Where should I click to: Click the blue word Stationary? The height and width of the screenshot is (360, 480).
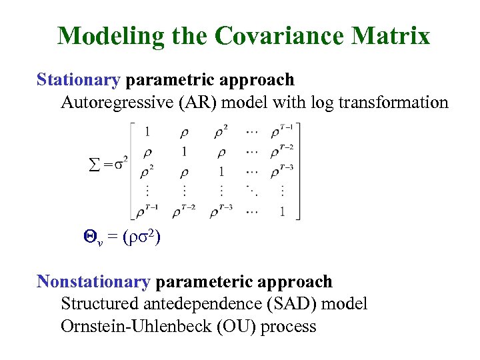tap(78, 80)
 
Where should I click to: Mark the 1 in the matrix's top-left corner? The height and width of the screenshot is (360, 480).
tap(147, 131)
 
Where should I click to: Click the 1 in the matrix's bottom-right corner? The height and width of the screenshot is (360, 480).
tap(283, 212)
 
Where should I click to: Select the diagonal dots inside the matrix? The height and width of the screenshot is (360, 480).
tap(253, 191)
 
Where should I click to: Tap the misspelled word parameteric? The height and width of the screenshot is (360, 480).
tap(199, 281)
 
